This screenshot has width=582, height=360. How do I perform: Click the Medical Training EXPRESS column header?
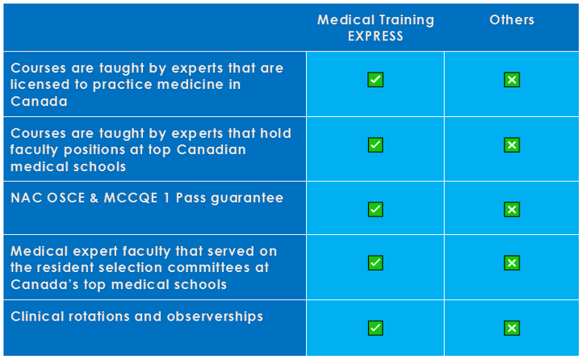click(375, 27)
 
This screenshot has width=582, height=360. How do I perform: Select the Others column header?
click(512, 20)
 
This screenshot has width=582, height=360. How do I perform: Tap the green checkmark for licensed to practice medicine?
click(375, 80)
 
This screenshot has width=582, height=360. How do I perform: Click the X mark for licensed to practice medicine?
click(512, 80)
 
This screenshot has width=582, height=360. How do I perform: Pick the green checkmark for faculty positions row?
click(375, 145)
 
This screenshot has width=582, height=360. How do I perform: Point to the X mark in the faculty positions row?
click(512, 145)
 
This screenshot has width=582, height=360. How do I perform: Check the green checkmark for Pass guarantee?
click(375, 210)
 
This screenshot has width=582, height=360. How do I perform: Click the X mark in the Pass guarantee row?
click(512, 210)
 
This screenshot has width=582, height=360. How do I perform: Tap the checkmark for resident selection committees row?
click(375, 262)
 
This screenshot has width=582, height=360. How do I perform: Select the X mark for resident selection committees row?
click(512, 262)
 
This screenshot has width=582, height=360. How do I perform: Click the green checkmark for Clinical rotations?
click(375, 328)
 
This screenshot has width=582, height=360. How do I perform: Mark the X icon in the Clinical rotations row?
click(512, 328)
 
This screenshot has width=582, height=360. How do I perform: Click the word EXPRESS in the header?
click(375, 36)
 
